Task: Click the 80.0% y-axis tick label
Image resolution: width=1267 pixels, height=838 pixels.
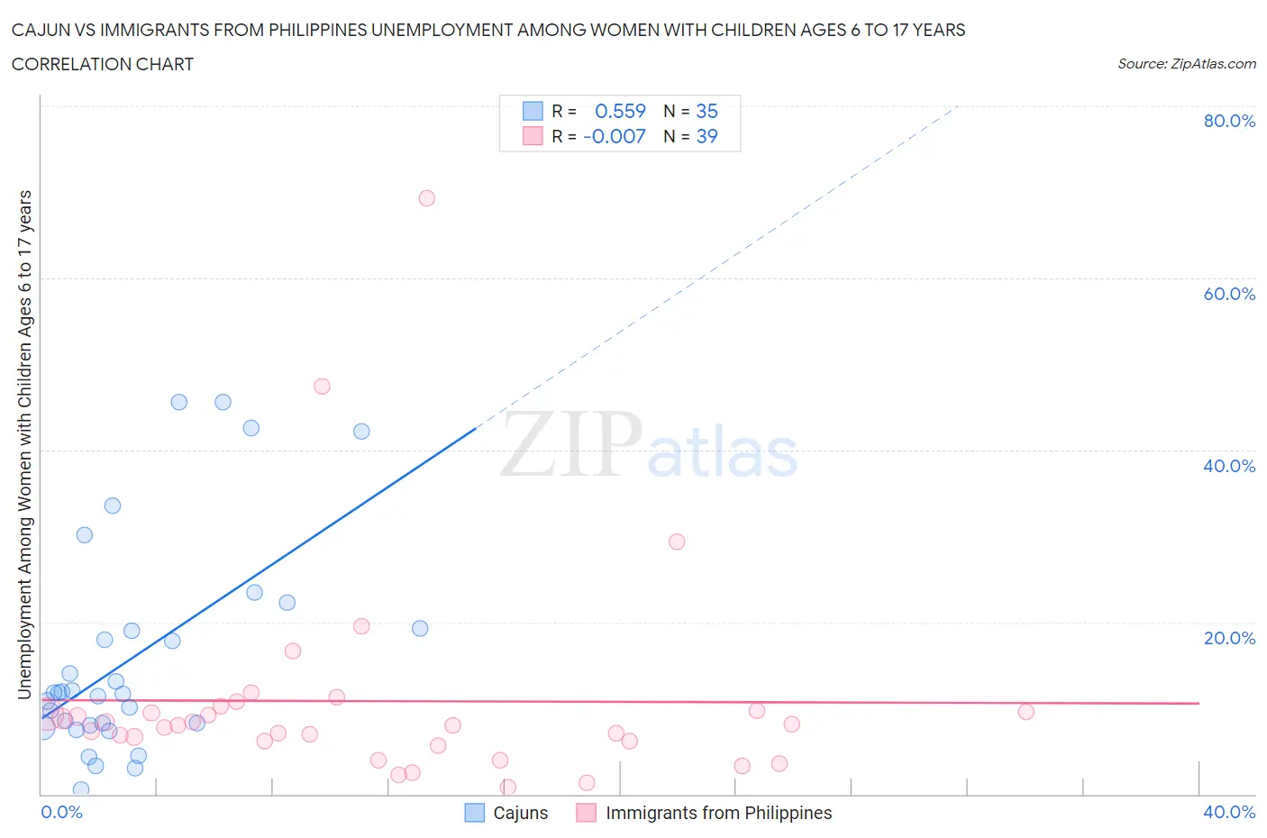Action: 1229,121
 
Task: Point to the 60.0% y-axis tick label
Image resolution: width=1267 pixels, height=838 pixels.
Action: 1229,294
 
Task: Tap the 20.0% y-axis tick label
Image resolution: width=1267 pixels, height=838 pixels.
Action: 1229,638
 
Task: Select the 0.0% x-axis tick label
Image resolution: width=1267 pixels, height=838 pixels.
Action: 61,812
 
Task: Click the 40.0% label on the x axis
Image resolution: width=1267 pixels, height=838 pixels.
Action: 1229,812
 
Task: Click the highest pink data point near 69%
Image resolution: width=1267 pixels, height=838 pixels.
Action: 427,198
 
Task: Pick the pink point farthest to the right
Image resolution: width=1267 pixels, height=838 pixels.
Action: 1025,712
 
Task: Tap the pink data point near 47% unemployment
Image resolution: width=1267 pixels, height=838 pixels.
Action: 322,387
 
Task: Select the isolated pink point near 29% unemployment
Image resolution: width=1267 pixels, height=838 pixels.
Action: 677,542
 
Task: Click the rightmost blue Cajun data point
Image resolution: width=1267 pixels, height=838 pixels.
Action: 420,628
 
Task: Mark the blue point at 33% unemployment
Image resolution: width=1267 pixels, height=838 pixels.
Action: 113,506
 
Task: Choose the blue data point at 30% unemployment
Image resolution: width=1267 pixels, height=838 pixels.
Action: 85,535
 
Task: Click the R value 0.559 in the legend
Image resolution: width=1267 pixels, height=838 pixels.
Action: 620,111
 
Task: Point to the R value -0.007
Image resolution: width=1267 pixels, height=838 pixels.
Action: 615,136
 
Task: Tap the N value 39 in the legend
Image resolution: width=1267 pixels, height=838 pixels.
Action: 706,136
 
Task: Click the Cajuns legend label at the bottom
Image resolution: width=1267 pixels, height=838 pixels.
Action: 520,813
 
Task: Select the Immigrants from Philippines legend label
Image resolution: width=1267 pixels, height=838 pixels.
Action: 718,813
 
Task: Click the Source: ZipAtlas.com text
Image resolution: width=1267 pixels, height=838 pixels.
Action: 1186,63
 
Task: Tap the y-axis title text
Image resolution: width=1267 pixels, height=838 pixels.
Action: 24,445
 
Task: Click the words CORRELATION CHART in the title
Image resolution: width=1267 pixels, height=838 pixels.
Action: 103,64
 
